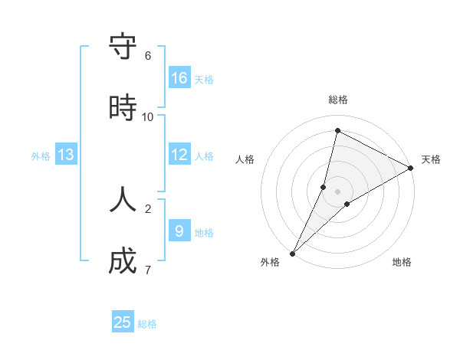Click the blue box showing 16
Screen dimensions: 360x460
(x=179, y=78)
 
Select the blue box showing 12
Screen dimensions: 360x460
(x=179, y=155)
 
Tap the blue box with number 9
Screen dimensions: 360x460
(x=179, y=231)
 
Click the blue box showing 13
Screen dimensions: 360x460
(x=66, y=155)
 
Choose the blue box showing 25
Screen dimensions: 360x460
(x=123, y=322)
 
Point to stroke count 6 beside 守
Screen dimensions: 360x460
(x=148, y=56)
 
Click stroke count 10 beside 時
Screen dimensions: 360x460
(x=148, y=117)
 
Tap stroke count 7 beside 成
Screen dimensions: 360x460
(x=148, y=270)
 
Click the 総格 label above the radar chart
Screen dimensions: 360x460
(x=338, y=100)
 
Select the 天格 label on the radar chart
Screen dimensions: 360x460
(x=431, y=159)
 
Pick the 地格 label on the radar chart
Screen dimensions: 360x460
(x=402, y=262)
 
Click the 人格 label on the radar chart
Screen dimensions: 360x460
(x=245, y=159)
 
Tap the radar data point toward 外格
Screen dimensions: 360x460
(x=292, y=253)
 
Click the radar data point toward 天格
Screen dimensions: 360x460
(x=411, y=168)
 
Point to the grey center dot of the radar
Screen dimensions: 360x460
(x=338, y=191)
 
